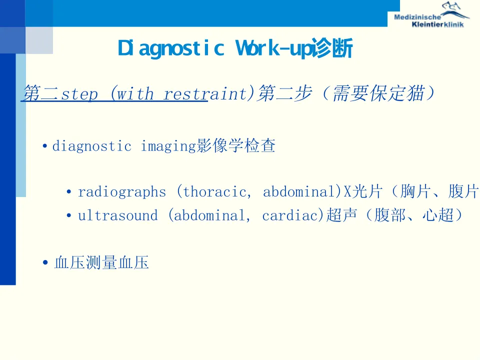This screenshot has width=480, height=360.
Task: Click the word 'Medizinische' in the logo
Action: pos(417,17)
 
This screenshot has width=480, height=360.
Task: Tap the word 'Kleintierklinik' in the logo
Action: pos(438,24)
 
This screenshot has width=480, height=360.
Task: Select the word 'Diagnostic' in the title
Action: pos(171,48)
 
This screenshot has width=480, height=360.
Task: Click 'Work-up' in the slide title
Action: pos(273,48)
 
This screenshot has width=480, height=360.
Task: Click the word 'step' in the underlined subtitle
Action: pos(79,93)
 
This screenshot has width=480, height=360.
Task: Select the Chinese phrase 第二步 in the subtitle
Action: pos(285,93)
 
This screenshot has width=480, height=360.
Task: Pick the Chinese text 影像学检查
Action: pos(235,145)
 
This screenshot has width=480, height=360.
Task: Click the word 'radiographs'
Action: pos(122,192)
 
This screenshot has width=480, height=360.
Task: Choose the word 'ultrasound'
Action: pos(118,215)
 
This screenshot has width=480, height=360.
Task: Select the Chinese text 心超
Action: pos(438,214)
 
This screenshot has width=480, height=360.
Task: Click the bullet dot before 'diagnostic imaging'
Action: pos(45,146)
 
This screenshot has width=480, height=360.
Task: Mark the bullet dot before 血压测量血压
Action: pos(45,262)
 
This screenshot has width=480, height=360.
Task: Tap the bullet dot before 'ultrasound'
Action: pos(69,215)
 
